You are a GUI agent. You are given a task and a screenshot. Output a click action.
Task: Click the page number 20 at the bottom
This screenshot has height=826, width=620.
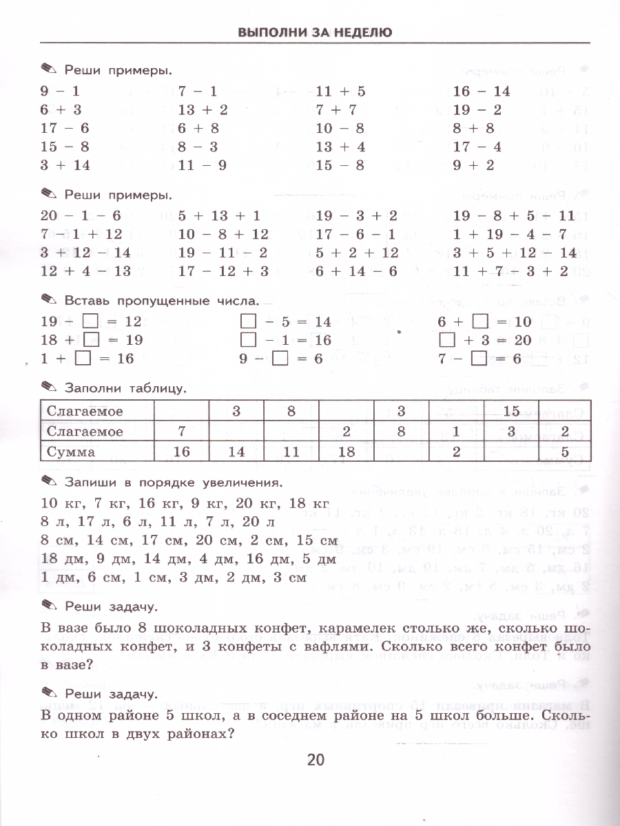[315, 760]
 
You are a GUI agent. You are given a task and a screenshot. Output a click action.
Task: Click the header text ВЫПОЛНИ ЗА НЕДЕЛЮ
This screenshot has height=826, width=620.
[315, 32]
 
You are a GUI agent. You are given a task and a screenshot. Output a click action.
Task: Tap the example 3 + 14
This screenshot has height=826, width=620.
[65, 165]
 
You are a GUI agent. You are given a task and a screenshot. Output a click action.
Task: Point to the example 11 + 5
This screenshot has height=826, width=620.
[340, 91]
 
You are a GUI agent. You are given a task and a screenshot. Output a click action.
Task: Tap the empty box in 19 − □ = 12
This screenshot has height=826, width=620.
[90, 321]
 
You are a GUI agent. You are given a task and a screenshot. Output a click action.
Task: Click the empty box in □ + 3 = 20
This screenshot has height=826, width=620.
[447, 340]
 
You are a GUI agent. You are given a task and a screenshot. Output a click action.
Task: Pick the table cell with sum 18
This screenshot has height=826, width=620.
[347, 453]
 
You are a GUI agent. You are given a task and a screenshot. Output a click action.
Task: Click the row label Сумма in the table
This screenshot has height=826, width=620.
[71, 453]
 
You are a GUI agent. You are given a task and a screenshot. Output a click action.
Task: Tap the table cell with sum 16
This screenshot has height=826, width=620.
[181, 453]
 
